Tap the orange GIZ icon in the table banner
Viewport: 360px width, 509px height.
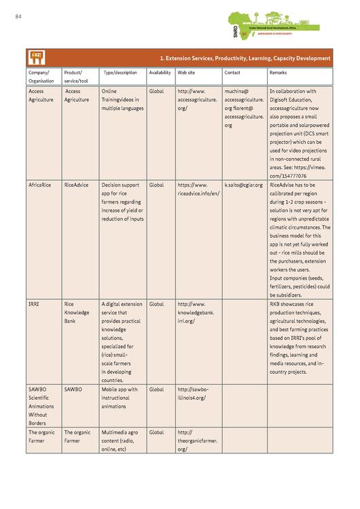[x=36, y=58]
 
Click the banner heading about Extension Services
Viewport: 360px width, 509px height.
[x=245, y=58]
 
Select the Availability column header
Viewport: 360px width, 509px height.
[x=160, y=73]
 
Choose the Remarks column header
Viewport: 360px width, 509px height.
[x=278, y=73]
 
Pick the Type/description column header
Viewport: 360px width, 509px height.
[x=120, y=73]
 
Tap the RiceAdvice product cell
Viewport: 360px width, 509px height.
[x=76, y=185]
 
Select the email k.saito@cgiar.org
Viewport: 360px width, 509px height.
[x=243, y=185]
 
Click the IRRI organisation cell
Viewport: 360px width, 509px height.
[x=34, y=304]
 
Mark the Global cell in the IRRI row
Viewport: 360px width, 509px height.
[x=156, y=304]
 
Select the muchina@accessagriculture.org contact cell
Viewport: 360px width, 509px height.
[x=244, y=108]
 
